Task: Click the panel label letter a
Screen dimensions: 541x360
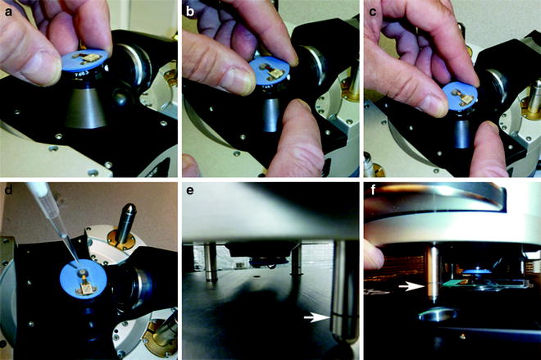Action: click(x=8, y=12)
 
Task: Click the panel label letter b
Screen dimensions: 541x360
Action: click(x=190, y=11)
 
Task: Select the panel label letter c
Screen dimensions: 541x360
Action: click(x=372, y=12)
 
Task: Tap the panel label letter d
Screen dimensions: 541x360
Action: click(x=8, y=189)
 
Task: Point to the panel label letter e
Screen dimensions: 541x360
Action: click(x=189, y=191)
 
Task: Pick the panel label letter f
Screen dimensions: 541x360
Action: click(x=372, y=189)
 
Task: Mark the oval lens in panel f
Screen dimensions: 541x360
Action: click(x=438, y=314)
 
